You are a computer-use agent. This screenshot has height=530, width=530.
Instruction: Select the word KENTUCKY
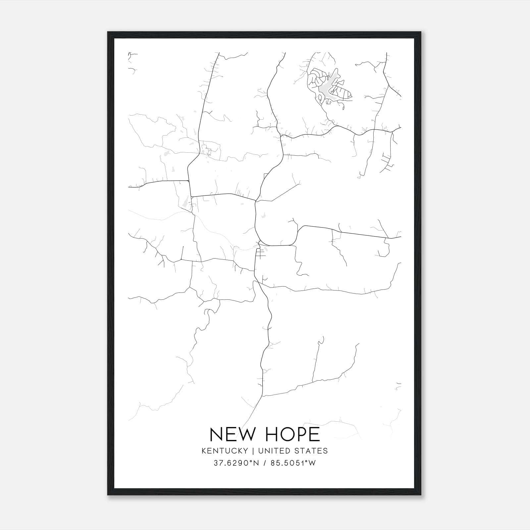click(225, 451)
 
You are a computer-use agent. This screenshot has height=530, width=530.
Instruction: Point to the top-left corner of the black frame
click(108, 32)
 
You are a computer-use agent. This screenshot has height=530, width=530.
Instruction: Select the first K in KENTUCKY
click(204, 451)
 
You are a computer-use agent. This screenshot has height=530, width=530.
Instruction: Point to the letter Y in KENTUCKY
click(245, 451)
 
